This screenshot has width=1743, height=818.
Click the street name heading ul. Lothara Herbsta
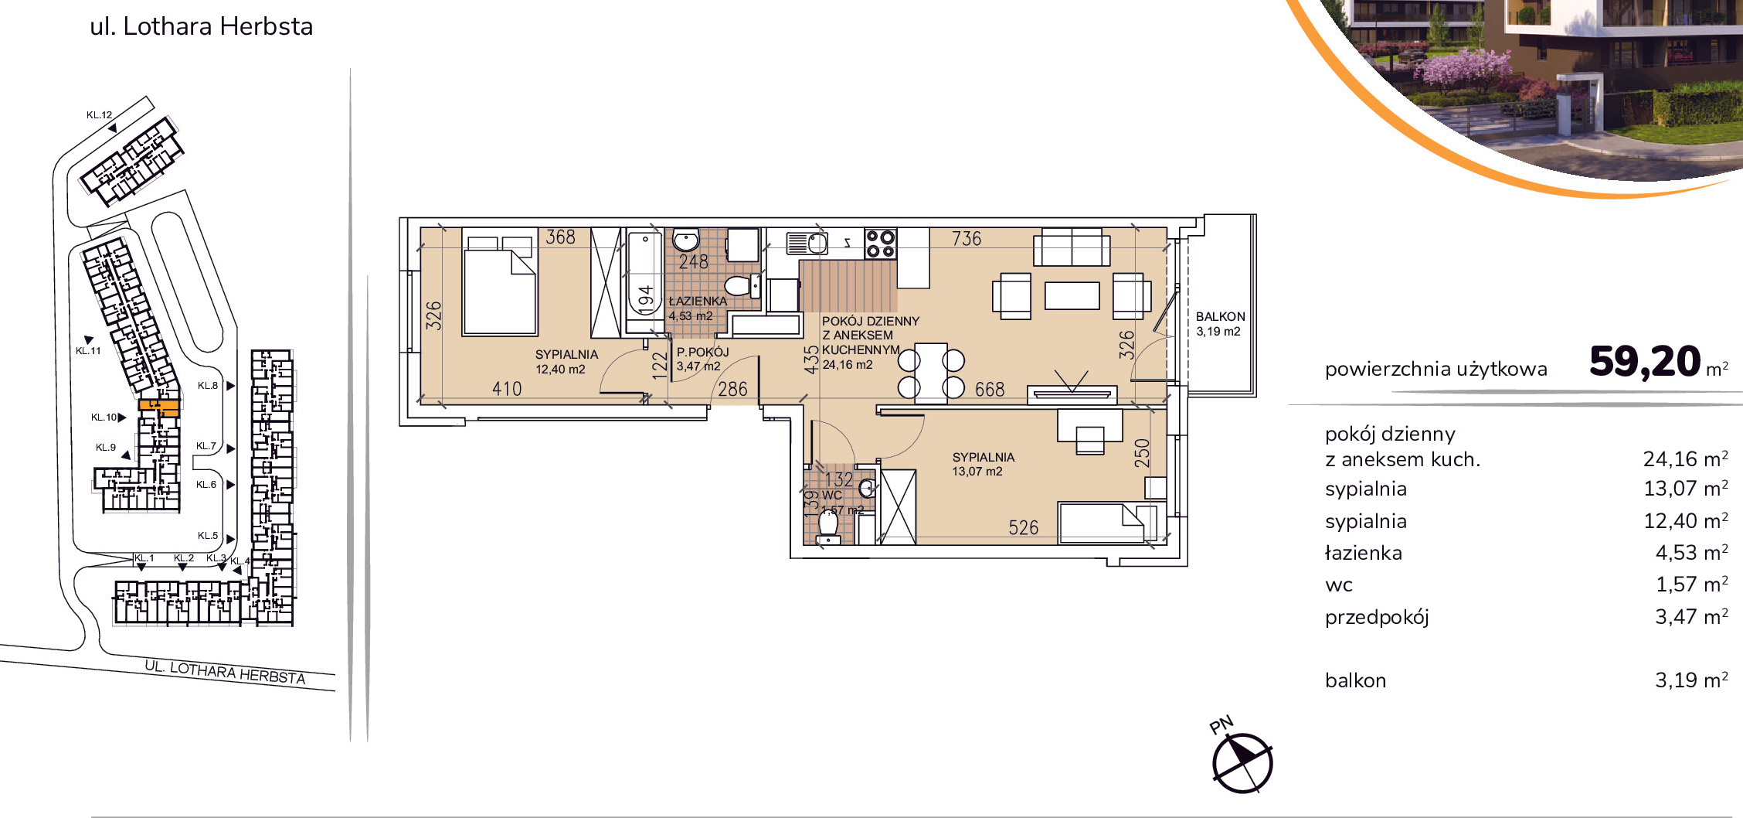[x=202, y=26]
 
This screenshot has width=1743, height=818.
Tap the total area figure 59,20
[x=1645, y=361]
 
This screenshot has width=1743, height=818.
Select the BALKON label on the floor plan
[x=1220, y=316]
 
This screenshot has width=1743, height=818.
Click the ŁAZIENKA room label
[x=698, y=301]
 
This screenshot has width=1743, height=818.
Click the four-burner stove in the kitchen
[x=880, y=244]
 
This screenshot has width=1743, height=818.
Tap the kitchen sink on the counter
[x=807, y=244]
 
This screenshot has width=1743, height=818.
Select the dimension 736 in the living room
[x=967, y=238]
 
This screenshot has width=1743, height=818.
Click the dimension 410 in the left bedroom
[x=507, y=389]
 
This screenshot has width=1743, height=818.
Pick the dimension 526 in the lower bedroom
[x=1024, y=527]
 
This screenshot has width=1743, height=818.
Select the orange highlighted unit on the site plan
[x=159, y=407]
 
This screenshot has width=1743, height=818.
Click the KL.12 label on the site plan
[x=100, y=115]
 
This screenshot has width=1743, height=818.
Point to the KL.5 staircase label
[x=208, y=535]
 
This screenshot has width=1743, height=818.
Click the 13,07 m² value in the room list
[x=1685, y=489]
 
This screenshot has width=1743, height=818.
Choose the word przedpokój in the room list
[x=1377, y=618]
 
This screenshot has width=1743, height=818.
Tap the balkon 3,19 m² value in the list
[x=1691, y=680]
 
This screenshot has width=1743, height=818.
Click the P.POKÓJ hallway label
[x=703, y=352]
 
